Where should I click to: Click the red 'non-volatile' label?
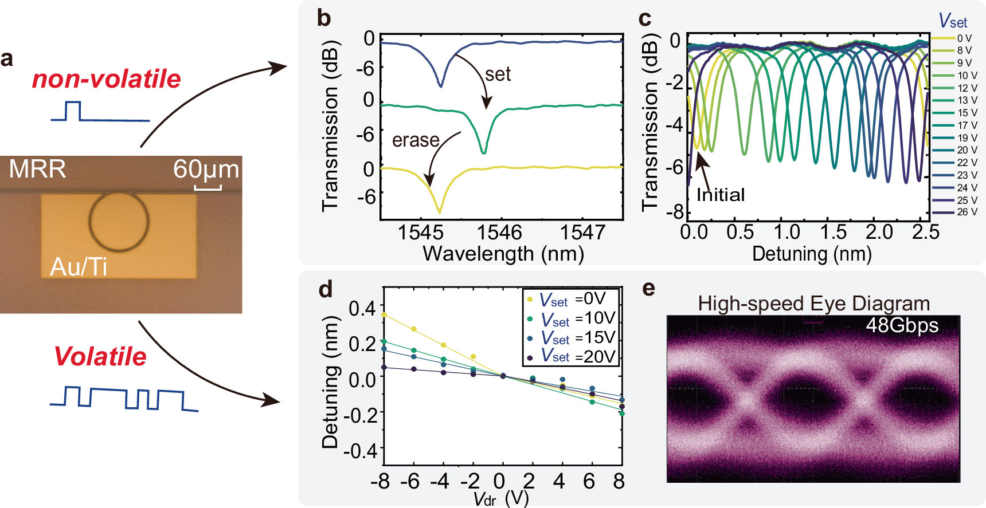(106, 79)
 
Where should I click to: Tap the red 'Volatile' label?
(100, 356)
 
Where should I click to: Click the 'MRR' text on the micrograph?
(37, 170)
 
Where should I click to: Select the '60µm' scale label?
(206, 170)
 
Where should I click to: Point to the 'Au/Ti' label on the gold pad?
(79, 267)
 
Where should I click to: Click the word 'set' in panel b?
(498, 74)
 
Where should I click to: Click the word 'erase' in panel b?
(416, 140)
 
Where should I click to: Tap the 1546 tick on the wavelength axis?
(500, 233)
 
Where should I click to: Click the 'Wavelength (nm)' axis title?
(503, 254)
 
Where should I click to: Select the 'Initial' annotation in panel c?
(721, 195)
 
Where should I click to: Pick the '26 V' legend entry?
(967, 212)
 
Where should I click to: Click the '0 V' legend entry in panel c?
(964, 38)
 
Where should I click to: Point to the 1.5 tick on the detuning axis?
(833, 233)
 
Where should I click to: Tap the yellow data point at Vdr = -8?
(384, 314)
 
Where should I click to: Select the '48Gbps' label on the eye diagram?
(902, 325)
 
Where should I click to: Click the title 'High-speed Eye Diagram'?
(813, 304)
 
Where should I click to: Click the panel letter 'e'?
(648, 289)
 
